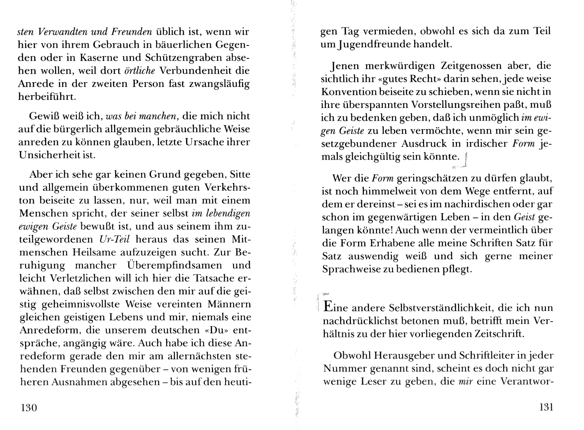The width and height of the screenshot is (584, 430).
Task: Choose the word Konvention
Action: pos(349,92)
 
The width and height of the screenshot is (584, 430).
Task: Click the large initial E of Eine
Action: pos(328,308)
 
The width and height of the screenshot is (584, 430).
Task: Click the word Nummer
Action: pos(343,369)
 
